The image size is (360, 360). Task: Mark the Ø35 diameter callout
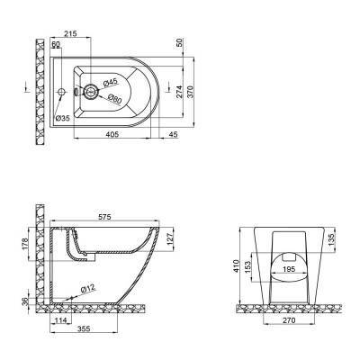61,118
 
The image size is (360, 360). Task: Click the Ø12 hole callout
88,288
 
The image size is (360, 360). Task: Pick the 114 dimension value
61,320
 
